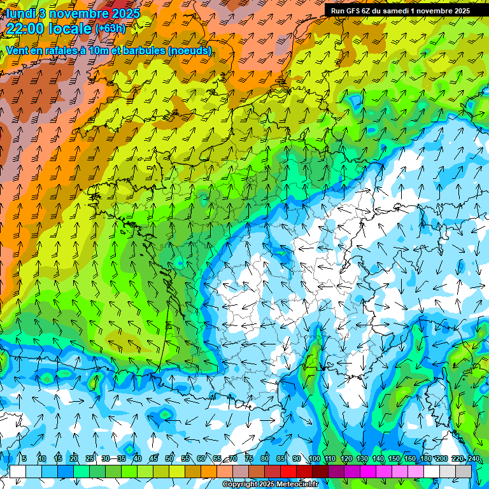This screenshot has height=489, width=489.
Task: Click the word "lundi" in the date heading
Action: point(20,13)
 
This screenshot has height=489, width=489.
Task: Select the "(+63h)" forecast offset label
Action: point(111,29)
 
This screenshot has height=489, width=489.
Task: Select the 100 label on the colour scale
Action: point(314,459)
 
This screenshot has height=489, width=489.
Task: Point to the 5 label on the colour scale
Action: point(24,459)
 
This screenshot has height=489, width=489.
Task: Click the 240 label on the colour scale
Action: point(473,459)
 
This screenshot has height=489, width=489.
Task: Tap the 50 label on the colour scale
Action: point(169,459)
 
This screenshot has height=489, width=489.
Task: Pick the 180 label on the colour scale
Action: point(425,459)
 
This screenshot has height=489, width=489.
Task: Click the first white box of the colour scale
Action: point(18,471)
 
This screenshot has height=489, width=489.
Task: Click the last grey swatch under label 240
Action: point(464,471)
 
